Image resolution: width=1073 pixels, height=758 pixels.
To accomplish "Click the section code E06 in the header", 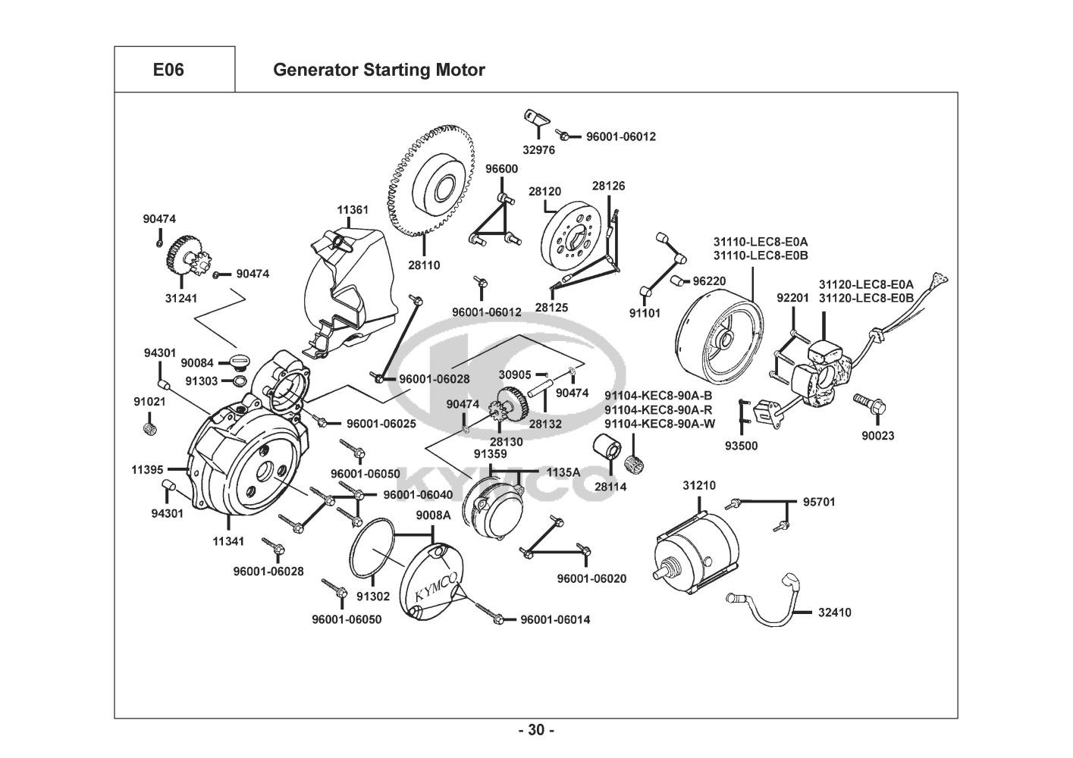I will click(x=168, y=70).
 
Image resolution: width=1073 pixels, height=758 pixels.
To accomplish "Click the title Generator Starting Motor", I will click(x=378, y=70).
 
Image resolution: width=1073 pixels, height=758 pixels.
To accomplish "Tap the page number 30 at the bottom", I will click(x=536, y=731).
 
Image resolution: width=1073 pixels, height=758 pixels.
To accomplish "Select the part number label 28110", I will click(x=424, y=265).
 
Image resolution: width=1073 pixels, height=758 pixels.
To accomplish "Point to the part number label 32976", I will click(x=539, y=150).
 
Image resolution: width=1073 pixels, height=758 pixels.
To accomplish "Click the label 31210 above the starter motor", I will click(x=698, y=485).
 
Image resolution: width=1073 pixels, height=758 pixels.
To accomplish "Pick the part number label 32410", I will click(x=834, y=612).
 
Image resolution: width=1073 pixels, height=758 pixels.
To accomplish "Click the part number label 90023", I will click(x=877, y=436).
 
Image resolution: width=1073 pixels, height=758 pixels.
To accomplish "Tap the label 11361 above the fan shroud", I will click(x=353, y=209).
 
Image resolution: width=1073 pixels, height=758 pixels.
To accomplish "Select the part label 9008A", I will click(x=433, y=515).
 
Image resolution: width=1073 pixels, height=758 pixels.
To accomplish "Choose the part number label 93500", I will click(x=741, y=446).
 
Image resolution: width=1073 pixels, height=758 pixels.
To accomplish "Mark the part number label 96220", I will click(x=709, y=280).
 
